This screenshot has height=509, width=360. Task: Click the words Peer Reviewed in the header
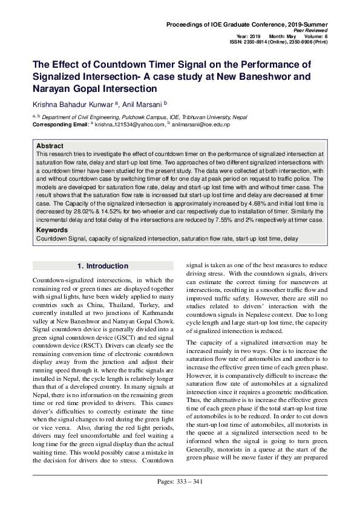[311, 30]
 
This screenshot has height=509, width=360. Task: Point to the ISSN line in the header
[278, 43]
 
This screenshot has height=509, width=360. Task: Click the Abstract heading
[50, 146]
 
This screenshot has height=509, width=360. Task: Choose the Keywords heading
[53, 230]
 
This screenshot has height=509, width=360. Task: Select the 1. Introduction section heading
[103, 266]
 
